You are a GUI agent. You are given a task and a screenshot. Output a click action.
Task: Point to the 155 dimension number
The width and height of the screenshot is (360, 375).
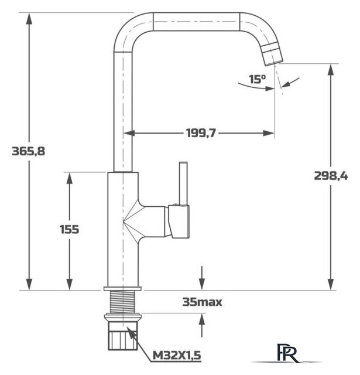69,229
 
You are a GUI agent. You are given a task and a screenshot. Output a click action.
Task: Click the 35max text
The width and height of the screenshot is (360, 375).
203,302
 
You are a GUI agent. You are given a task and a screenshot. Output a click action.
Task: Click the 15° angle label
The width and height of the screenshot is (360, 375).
256,79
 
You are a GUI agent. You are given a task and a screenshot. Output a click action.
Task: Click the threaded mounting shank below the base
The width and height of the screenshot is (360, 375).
123,302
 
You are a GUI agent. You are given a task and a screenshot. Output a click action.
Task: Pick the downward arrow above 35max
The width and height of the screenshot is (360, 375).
202,282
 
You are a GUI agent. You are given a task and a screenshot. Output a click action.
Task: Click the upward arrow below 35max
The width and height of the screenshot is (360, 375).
202,320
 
